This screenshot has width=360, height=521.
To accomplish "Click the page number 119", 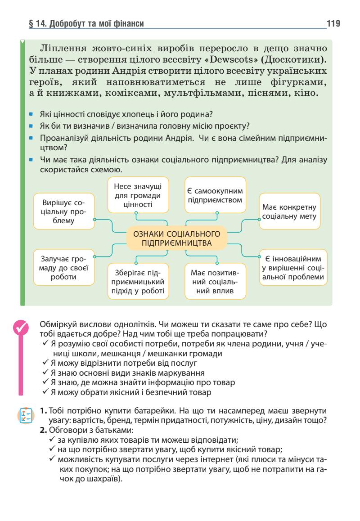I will (333, 23).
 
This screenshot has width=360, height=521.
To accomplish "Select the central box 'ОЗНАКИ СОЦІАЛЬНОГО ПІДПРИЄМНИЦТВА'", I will (174, 238).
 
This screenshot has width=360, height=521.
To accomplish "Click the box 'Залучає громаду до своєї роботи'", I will (64, 268).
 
